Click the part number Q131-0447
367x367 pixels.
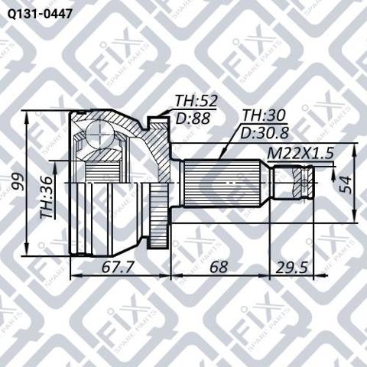click(x=40, y=14)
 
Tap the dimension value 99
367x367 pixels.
click(x=18, y=181)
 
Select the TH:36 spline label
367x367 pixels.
click(x=47, y=197)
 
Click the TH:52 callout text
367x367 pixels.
click(x=196, y=101)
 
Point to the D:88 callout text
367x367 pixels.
click(x=193, y=118)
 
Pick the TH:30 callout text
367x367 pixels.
click(x=264, y=115)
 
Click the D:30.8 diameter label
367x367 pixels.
click(x=265, y=133)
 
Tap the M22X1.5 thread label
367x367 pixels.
click(x=300, y=154)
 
